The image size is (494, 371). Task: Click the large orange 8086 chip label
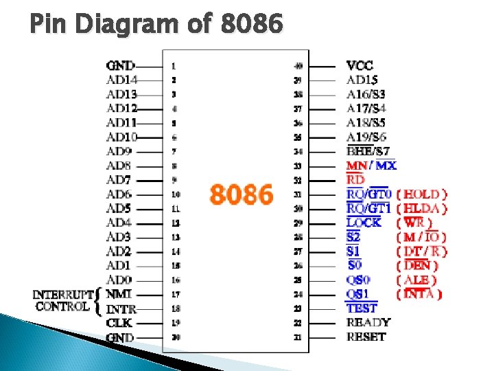pyautogui.click(x=242, y=194)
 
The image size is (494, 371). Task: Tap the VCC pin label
pyautogui.click(x=360, y=66)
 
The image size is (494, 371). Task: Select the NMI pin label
pyautogui.click(x=118, y=294)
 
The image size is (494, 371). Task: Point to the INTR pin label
pyautogui.click(x=121, y=308)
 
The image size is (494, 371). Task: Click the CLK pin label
pyautogui.click(x=119, y=323)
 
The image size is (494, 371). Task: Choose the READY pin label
pyautogui.click(x=368, y=322)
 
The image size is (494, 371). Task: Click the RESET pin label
pyautogui.click(x=366, y=337)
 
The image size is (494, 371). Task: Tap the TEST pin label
pyautogui.click(x=362, y=308)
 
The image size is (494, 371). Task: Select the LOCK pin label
pyautogui.click(x=364, y=223)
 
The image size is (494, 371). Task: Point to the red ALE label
pyautogui.click(x=417, y=280)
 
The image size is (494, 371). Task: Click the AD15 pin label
pyautogui.click(x=362, y=80)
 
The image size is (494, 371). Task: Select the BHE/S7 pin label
pyautogui.click(x=368, y=151)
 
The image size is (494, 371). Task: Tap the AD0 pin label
pyautogui.click(x=119, y=280)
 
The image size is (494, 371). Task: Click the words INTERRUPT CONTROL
pyautogui.click(x=63, y=300)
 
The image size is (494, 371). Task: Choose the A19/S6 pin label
pyautogui.click(x=366, y=137)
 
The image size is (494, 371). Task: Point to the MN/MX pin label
pyautogui.click(x=371, y=166)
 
